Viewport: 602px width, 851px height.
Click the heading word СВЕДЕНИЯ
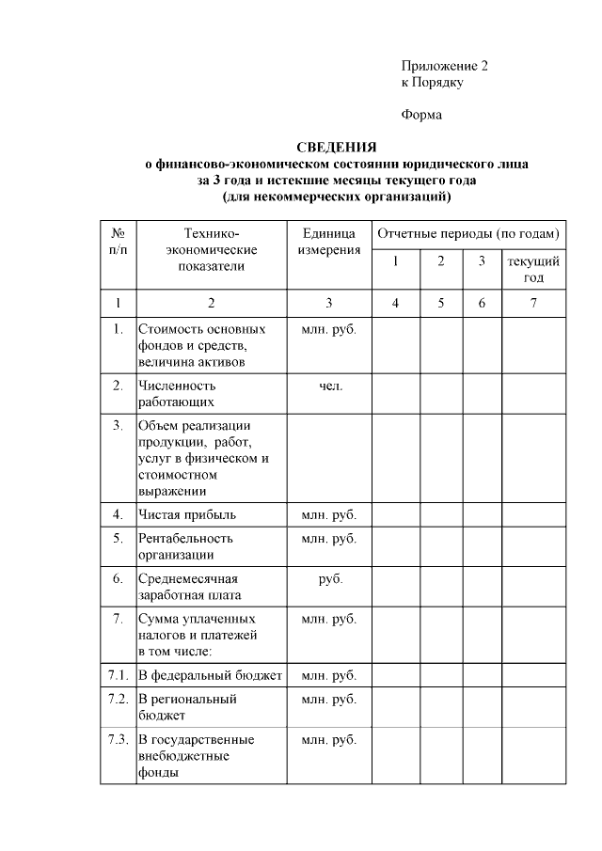337,147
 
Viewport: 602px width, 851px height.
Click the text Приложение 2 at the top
444,66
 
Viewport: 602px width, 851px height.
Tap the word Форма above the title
420,116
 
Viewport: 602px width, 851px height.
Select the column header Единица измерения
328,242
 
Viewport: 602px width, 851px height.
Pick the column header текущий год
533,269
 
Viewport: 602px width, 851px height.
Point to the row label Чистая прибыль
187,514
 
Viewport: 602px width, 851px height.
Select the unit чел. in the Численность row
330,386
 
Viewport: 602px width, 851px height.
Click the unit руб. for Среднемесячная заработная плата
330,578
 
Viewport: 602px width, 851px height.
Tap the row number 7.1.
118,675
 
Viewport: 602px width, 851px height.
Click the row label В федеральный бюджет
210,675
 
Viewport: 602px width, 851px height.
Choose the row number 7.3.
118,740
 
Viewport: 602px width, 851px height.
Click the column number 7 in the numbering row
533,303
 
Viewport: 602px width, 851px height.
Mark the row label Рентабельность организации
185,546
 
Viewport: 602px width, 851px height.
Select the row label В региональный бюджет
187,707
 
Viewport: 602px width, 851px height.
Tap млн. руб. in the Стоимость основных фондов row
328,330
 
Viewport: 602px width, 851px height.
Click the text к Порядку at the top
432,82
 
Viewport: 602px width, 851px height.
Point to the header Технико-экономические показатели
211,249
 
